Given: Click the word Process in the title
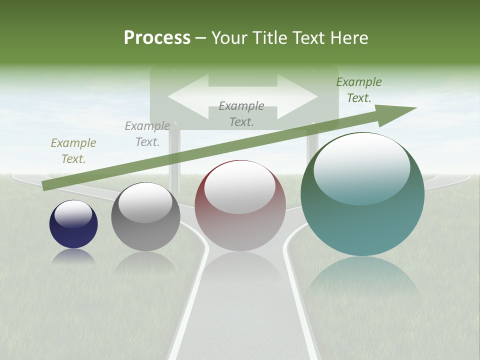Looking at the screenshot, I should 157,38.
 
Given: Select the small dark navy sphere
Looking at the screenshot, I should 73,224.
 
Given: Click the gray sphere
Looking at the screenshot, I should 145,216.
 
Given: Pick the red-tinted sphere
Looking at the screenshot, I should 240,205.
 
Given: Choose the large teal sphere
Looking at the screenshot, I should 362,194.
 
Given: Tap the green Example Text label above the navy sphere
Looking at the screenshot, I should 73,150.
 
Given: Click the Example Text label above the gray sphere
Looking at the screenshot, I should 147,133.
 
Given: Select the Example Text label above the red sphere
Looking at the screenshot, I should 241,113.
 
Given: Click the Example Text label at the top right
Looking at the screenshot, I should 359,90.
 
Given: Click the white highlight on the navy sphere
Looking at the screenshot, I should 73,214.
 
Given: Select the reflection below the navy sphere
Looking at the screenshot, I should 73,256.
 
